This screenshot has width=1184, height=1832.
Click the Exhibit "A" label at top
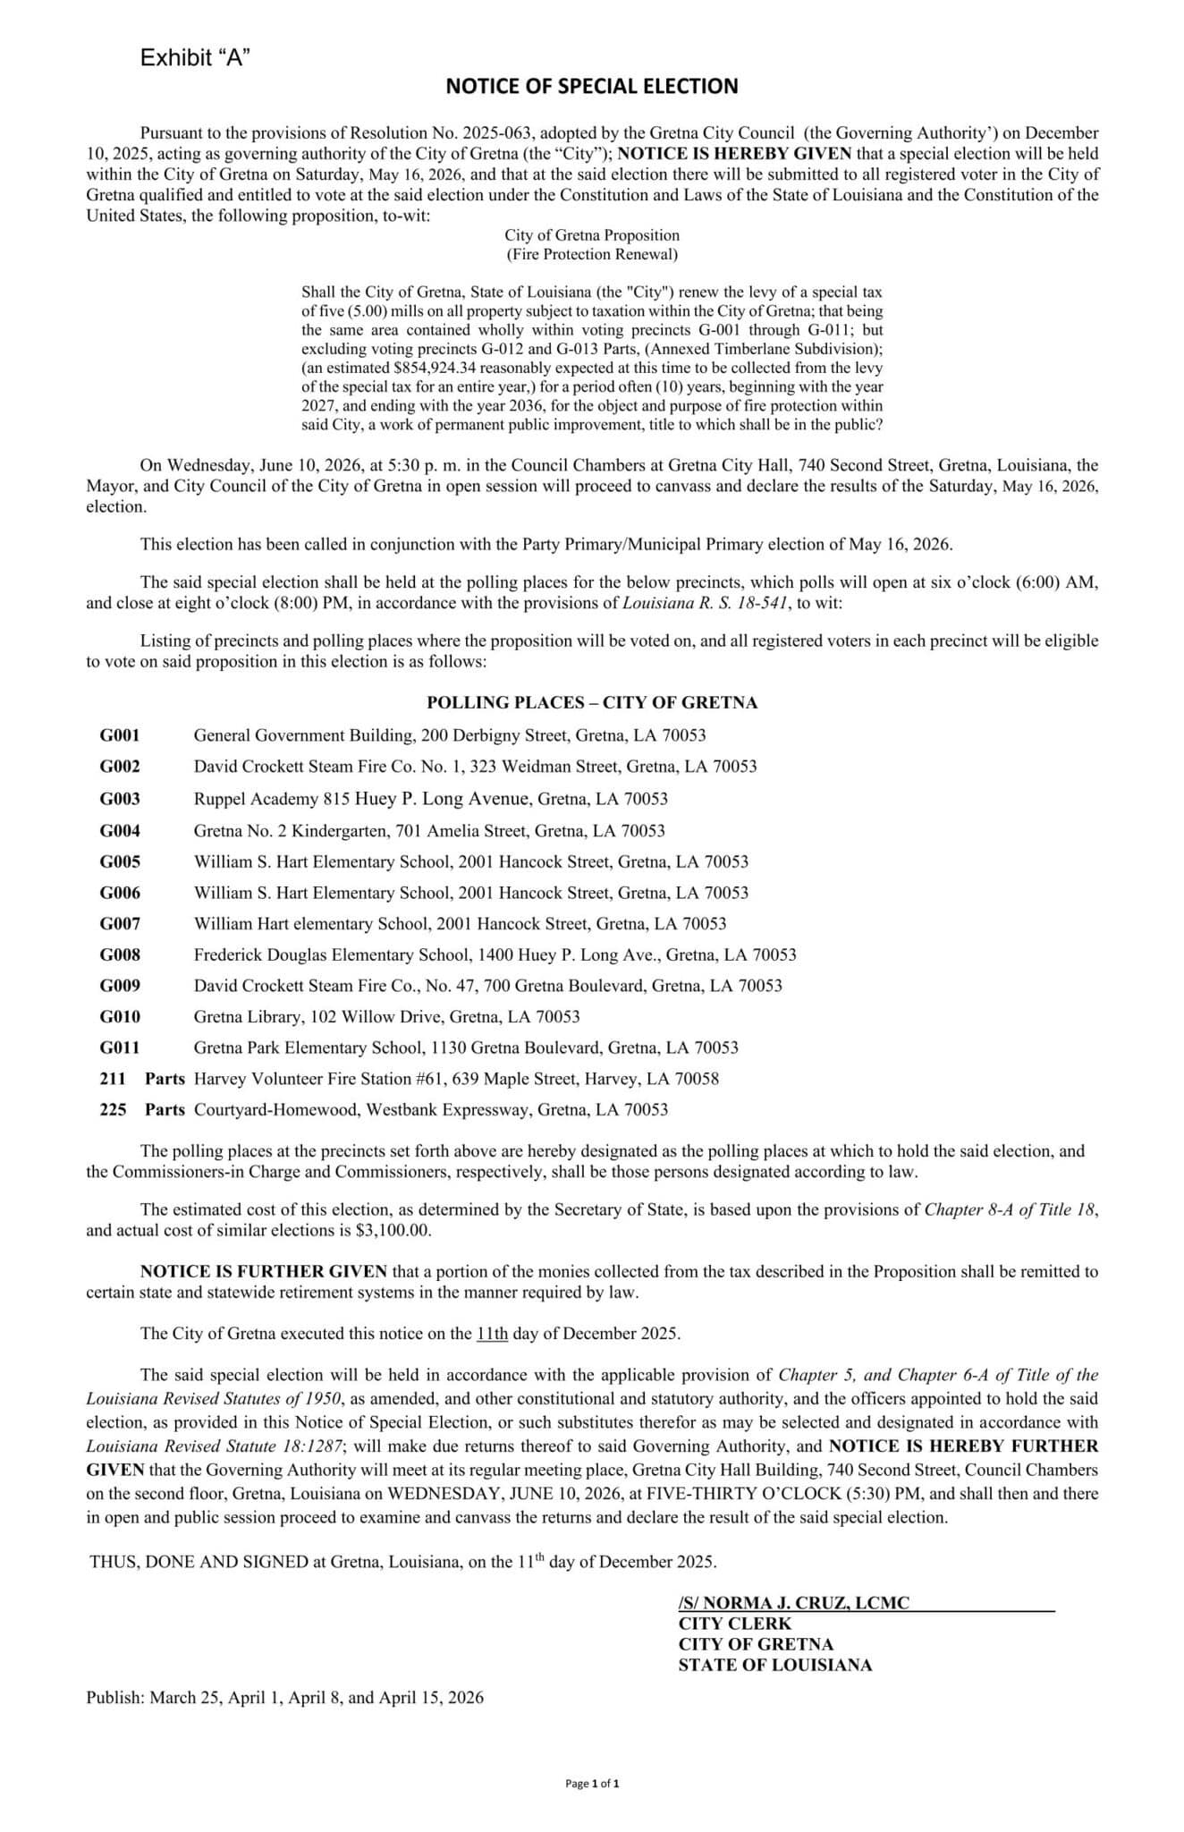point(194,58)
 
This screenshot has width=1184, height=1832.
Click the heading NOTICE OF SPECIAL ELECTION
point(592,87)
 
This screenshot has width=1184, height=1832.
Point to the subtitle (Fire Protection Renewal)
point(592,255)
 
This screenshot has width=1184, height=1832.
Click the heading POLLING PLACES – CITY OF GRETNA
point(592,703)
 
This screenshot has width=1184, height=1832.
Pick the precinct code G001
point(120,736)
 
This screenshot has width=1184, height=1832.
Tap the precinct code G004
point(120,831)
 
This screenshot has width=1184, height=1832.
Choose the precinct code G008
point(120,955)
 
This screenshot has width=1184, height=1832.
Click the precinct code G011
point(120,1047)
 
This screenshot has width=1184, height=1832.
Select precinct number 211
point(113,1079)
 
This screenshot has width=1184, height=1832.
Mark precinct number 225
point(113,1110)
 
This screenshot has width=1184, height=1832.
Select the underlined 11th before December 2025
point(492,1334)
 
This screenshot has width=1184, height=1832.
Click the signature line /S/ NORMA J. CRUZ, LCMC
point(793,1603)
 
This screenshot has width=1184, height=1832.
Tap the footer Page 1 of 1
point(592,1784)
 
